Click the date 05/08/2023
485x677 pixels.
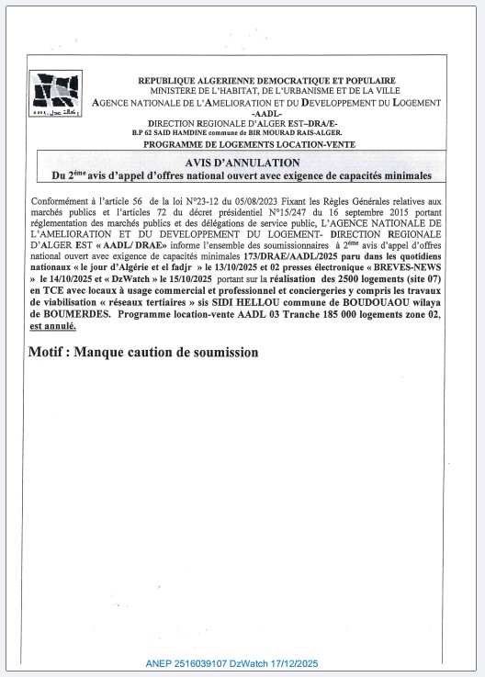point(226,200)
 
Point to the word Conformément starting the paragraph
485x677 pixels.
point(65,200)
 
